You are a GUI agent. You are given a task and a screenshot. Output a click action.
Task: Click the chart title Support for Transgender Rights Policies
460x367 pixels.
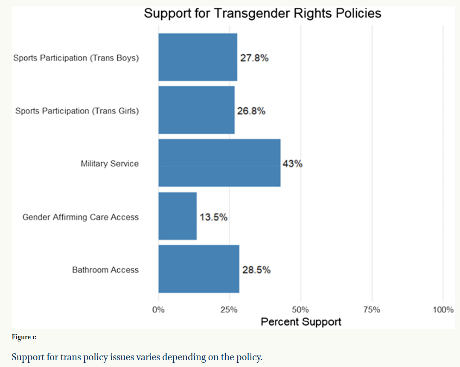point(262,13)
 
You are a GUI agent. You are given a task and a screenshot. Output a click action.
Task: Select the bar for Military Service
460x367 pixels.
point(219,163)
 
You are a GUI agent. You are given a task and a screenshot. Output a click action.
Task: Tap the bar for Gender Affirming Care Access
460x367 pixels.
point(178,216)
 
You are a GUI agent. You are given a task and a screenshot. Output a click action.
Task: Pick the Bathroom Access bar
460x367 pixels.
point(198,269)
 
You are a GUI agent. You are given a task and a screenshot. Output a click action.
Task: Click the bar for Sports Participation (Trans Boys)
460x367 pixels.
point(198,57)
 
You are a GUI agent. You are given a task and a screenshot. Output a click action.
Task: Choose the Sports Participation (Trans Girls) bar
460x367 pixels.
point(196,110)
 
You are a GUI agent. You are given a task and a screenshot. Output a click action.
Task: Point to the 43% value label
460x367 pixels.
point(292,164)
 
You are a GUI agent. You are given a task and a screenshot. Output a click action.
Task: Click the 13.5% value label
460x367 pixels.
point(213,217)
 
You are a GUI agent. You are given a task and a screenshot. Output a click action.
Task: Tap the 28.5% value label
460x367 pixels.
point(256,270)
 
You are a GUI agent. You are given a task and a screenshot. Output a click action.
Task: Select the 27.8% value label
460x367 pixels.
point(254,58)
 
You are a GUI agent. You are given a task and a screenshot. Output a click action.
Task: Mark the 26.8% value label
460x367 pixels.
point(251,111)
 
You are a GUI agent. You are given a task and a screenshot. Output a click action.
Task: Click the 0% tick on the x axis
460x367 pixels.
point(158,309)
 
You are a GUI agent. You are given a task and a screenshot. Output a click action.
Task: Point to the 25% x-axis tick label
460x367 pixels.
point(229,309)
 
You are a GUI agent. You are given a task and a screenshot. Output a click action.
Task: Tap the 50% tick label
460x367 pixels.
point(300,309)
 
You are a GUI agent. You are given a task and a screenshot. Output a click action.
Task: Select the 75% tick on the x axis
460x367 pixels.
point(372,309)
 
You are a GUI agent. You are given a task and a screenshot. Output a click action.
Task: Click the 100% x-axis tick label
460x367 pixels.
point(443,309)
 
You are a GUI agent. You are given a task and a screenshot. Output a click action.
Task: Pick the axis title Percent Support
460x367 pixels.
point(301,321)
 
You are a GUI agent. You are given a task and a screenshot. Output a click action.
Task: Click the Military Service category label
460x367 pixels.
point(110,164)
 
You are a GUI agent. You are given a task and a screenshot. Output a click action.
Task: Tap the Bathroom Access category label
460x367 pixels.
point(105,270)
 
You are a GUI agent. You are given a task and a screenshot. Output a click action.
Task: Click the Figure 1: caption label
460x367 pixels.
point(24,337)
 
